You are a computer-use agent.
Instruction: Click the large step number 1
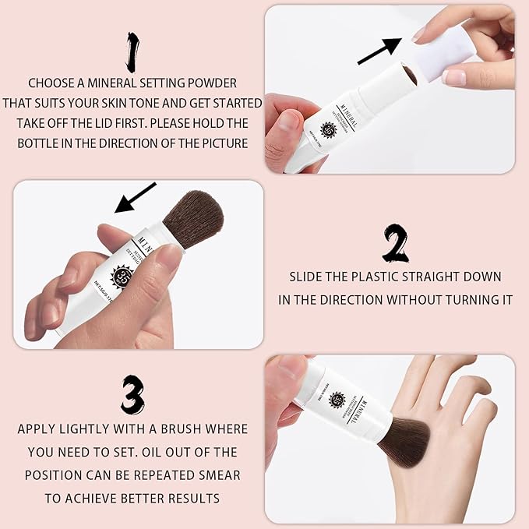132,51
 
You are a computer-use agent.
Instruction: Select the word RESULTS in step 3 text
187,498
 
